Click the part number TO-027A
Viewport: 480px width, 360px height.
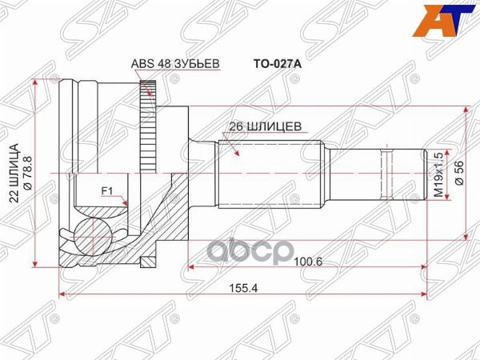point(277,64)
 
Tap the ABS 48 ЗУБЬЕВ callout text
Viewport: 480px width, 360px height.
point(175,64)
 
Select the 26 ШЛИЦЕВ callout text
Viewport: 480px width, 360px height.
point(266,126)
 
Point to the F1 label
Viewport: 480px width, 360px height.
point(107,191)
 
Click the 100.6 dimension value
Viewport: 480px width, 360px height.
point(308,262)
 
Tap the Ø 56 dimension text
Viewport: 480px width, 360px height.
point(460,173)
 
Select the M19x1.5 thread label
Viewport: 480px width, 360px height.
point(438,174)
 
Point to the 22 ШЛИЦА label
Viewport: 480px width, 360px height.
point(14,174)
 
